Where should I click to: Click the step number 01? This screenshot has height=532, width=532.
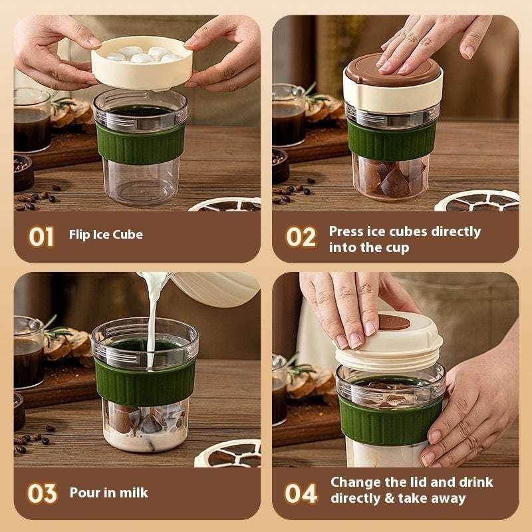click(x=41, y=237)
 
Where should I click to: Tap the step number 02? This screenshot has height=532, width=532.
click(x=301, y=237)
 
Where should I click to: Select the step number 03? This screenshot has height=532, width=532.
click(x=41, y=493)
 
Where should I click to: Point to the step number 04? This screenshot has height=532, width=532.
click(x=301, y=493)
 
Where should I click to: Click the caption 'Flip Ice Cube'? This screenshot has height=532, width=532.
click(x=106, y=235)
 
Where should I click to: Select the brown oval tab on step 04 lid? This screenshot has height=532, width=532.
click(x=396, y=324)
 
